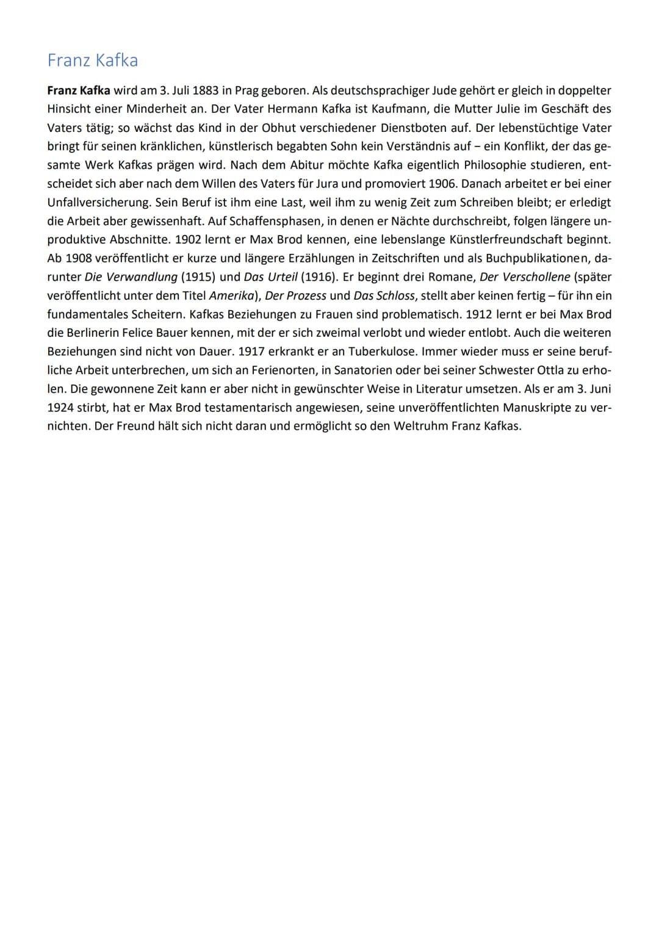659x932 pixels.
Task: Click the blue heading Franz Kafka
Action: [x=93, y=60]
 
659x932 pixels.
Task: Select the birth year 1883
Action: [x=205, y=90]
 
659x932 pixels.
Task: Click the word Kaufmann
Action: [x=399, y=109]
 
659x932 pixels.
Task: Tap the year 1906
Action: [x=444, y=184]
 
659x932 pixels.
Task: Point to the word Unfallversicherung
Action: [x=98, y=202]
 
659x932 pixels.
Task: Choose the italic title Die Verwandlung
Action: [x=131, y=276]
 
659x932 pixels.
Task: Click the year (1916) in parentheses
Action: [x=319, y=276]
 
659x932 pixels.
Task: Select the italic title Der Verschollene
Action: [x=525, y=276]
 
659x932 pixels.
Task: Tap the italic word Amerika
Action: [x=232, y=295]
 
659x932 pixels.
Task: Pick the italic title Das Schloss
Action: [x=383, y=295]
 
